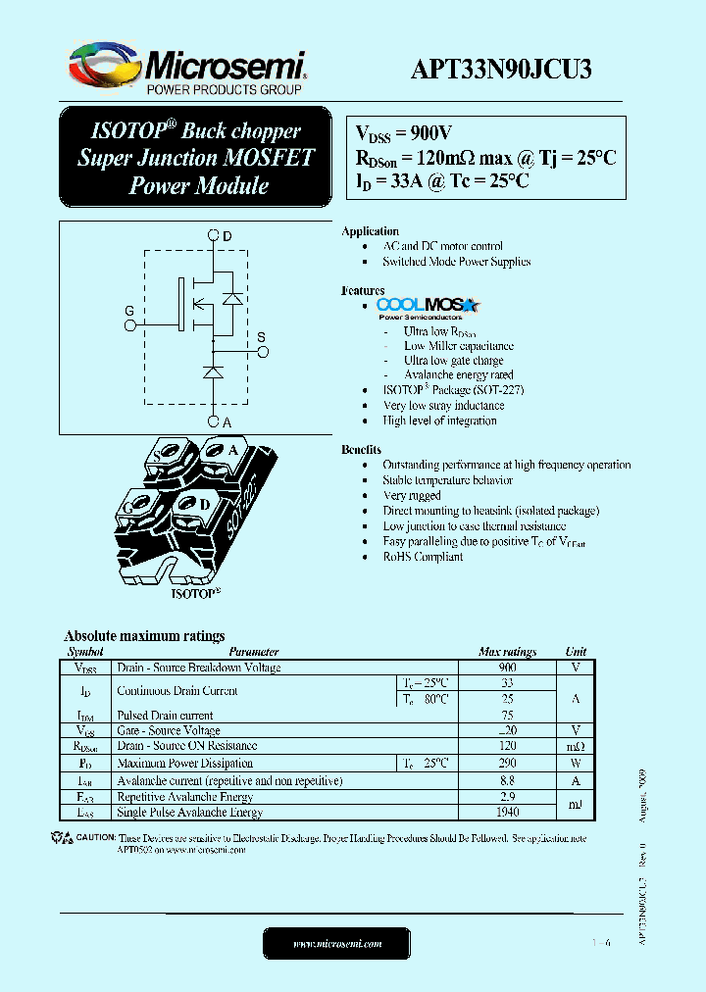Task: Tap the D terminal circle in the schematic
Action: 214,235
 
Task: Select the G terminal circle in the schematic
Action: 128,323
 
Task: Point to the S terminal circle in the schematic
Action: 261,349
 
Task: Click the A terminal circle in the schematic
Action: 214,421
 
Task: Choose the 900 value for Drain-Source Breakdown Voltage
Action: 507,667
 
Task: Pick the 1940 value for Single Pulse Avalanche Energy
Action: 507,812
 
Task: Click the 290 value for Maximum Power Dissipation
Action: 507,763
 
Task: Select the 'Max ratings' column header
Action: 507,651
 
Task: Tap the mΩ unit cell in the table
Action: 576,746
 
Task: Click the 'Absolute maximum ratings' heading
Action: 144,635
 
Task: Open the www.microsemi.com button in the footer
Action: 336,943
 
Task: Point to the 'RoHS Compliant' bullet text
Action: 423,556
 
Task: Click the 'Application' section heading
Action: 370,231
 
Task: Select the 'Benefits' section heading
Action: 361,449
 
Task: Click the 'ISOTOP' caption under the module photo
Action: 194,593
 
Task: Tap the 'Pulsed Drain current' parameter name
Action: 165,715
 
